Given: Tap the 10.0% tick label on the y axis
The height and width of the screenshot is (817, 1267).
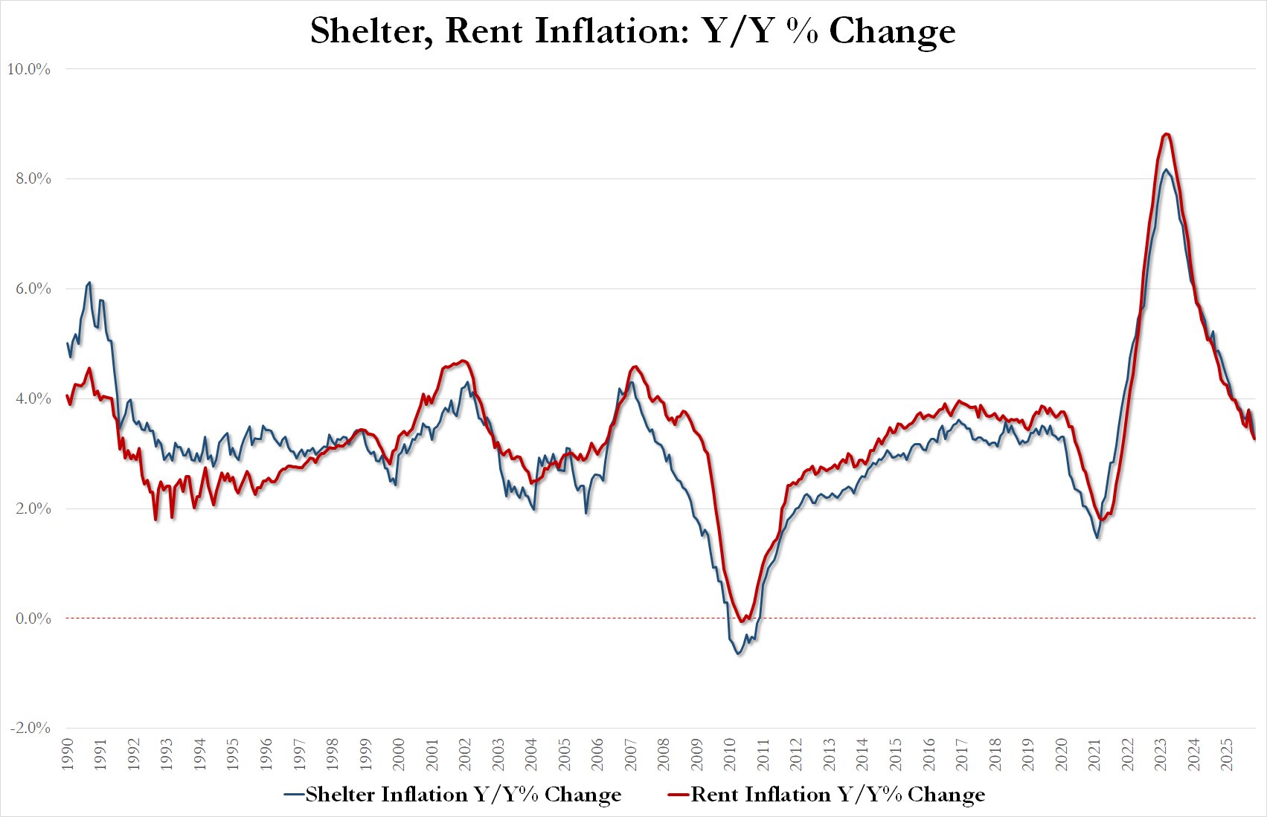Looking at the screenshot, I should tap(28, 69).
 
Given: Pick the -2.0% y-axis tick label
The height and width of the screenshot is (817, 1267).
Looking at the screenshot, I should tap(28, 729).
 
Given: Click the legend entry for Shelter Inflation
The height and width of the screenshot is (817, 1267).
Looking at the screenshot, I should tap(453, 795).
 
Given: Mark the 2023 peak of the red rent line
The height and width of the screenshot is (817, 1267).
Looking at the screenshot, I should tap(1167, 134).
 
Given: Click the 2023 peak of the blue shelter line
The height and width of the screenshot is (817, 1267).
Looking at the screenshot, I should tap(1166, 169).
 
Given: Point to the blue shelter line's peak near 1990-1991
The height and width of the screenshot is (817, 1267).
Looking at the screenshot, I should tap(90, 282).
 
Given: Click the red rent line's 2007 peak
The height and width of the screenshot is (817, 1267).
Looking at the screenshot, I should tap(634, 366).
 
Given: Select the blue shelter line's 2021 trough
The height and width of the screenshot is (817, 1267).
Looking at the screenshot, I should tap(1097, 537).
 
